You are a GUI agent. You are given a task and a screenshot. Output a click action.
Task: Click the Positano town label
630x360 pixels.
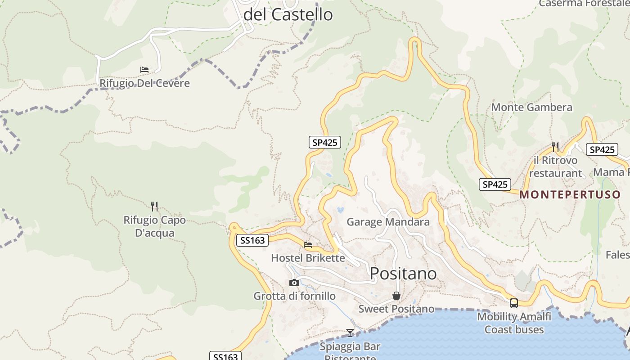(x=403, y=273)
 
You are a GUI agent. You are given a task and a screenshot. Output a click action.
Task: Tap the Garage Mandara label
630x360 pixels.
(x=388, y=222)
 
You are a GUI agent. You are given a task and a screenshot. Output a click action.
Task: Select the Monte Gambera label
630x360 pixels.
(x=531, y=107)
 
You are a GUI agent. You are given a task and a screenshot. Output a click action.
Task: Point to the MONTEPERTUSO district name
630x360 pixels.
(x=570, y=195)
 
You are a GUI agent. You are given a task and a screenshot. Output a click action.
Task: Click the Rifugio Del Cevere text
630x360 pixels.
(x=144, y=83)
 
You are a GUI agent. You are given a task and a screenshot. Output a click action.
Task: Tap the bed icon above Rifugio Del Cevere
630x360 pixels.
(x=144, y=70)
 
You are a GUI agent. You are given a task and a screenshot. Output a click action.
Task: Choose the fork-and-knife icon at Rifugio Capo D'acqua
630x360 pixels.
(x=154, y=207)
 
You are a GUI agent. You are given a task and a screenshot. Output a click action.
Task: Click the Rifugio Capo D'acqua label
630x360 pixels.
(x=154, y=227)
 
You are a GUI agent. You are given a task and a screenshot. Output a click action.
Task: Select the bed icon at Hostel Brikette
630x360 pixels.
(x=308, y=245)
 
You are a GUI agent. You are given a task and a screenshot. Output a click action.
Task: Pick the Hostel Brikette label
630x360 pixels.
(x=308, y=258)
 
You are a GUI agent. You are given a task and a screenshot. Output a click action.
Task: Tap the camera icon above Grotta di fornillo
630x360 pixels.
(x=294, y=283)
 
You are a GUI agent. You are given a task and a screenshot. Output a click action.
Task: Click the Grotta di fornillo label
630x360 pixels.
(x=294, y=296)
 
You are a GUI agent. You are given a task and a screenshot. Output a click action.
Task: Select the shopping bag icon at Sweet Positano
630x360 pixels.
(x=396, y=296)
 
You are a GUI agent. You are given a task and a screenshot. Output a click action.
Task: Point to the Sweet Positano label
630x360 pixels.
(x=396, y=309)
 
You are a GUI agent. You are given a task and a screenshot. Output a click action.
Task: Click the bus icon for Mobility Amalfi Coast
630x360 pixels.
(x=514, y=303)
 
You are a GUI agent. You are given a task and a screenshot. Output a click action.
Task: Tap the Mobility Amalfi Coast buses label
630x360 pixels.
(x=514, y=323)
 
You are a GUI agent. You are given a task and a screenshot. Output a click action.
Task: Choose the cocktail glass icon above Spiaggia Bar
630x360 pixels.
(x=350, y=333)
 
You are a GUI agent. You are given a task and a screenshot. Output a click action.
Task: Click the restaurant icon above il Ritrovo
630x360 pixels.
(x=555, y=147)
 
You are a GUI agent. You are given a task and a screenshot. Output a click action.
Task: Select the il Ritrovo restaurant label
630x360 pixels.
(x=555, y=166)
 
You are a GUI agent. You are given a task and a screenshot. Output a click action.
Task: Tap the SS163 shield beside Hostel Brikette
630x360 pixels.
(x=252, y=240)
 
